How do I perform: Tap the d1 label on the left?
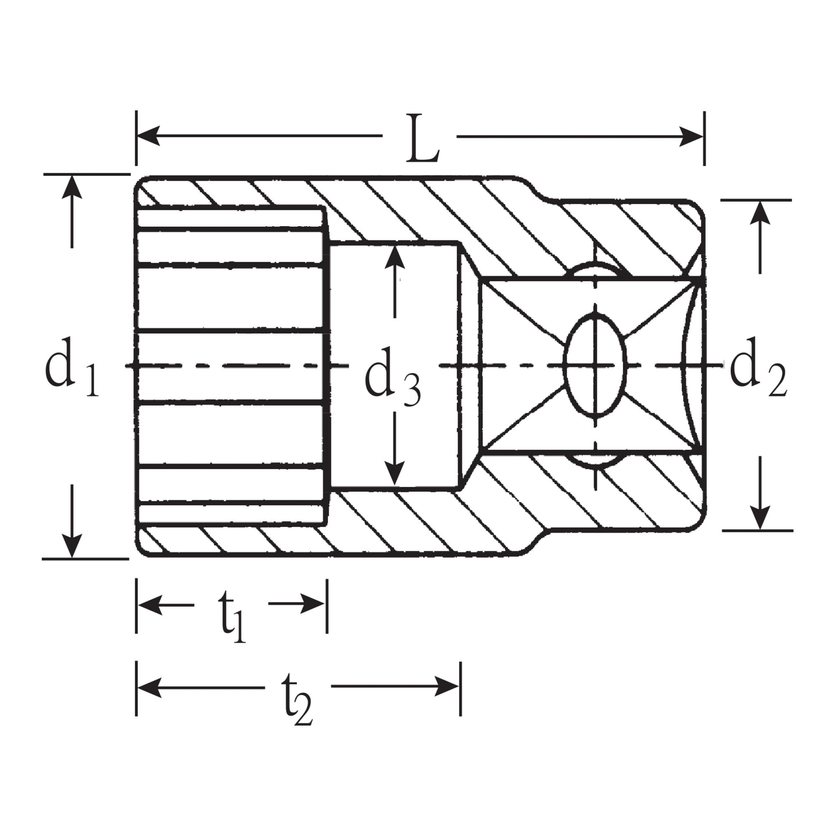click(x=71, y=367)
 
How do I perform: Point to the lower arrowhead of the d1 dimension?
click(x=72, y=546)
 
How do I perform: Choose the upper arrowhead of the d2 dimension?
click(x=760, y=212)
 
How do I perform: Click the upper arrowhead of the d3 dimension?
click(x=395, y=257)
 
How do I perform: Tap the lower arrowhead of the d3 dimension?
click(x=394, y=473)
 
